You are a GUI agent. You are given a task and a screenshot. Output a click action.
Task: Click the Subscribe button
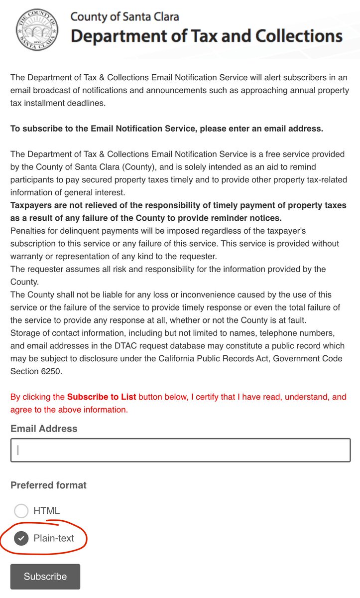(x=45, y=577)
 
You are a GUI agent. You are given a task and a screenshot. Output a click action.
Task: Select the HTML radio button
(x=21, y=511)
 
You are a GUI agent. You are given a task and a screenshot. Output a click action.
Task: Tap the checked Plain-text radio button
(x=21, y=539)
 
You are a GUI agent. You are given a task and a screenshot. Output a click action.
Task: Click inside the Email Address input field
(x=180, y=450)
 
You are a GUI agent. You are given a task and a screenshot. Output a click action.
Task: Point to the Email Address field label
(x=44, y=429)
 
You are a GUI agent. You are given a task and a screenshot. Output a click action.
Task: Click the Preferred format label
(x=48, y=485)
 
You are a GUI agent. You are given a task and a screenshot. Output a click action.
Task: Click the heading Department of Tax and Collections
(x=206, y=36)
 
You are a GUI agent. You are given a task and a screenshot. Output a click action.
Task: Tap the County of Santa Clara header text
(x=124, y=16)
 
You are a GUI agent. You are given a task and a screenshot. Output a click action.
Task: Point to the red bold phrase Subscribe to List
(x=102, y=397)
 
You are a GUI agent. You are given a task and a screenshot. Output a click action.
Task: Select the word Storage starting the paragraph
(x=25, y=333)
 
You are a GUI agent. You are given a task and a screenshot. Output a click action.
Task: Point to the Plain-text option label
(x=54, y=539)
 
